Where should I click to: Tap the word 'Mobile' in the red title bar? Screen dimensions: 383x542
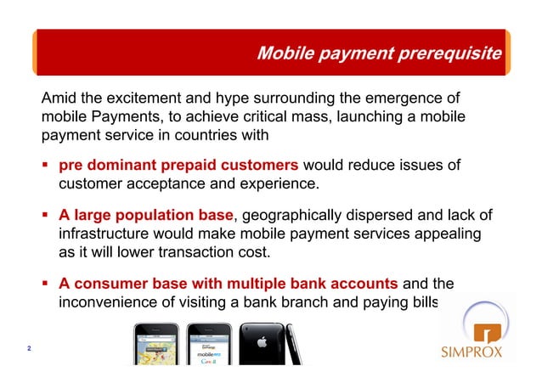click(285, 54)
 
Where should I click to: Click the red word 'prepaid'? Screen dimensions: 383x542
click(198, 164)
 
